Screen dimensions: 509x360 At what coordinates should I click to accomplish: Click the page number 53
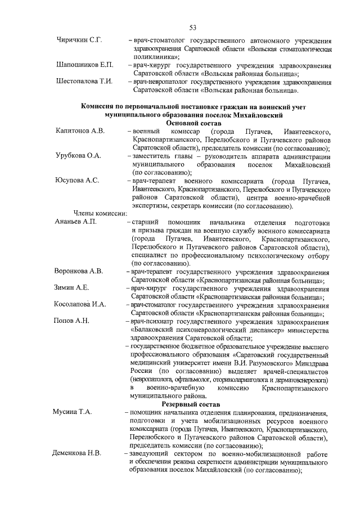[x=192, y=27]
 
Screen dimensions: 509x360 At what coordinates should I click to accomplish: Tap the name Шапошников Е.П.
[x=84, y=66]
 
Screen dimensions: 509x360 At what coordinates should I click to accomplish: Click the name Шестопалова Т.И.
[x=85, y=82]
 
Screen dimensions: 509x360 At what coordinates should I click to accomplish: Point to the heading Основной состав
[x=192, y=123]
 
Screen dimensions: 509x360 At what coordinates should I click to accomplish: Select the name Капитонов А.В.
[x=80, y=131]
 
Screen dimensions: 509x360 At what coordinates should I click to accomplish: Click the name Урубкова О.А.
[x=79, y=156]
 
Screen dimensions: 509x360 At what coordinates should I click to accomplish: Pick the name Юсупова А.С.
[x=78, y=181]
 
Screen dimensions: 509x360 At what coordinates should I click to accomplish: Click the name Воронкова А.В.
[x=79, y=272]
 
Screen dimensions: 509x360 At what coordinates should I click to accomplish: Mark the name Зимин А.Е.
[x=71, y=288]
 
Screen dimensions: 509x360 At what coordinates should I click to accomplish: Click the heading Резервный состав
[x=192, y=404]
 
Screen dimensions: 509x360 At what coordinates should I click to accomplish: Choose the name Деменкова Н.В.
[x=76, y=453]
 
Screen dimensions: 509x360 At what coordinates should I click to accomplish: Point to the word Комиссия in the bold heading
[x=102, y=106]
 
